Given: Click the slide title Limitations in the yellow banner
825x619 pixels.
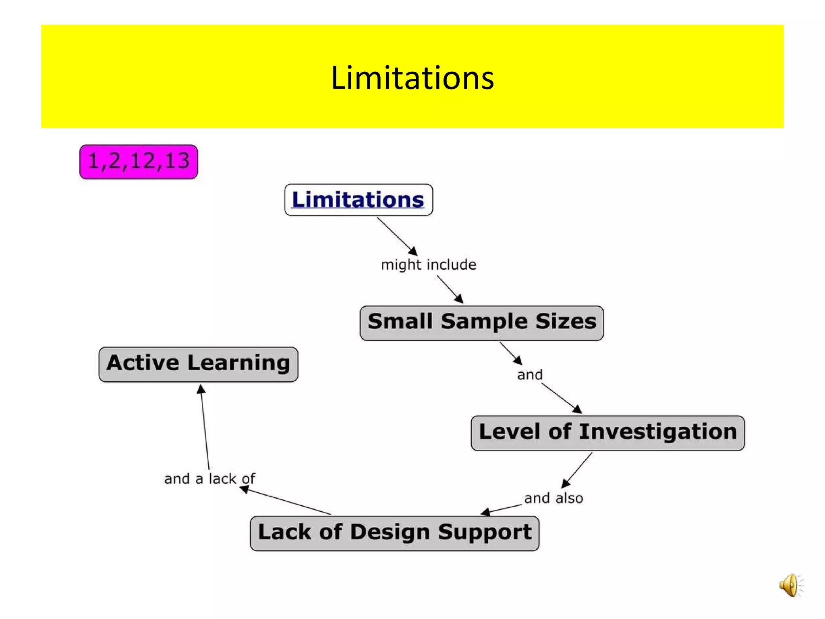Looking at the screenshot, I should click(x=412, y=77).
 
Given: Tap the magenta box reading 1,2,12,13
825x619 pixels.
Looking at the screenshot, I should click(x=139, y=162).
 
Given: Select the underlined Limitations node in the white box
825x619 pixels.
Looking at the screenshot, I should click(x=358, y=200).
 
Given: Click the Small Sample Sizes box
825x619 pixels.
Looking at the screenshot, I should click(x=482, y=323).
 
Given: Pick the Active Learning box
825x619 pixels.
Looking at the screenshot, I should click(x=198, y=364).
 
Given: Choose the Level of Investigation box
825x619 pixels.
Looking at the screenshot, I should click(x=607, y=433).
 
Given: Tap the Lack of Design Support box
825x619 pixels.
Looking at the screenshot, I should click(x=394, y=533).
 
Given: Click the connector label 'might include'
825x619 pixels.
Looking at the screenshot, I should click(x=429, y=265).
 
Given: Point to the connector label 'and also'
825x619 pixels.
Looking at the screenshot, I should click(x=553, y=498).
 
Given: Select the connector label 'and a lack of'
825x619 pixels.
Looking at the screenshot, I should click(x=209, y=479).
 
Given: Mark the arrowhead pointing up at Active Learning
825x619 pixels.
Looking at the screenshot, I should click(x=201, y=389).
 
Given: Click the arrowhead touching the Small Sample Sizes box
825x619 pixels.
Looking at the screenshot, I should click(x=459, y=299).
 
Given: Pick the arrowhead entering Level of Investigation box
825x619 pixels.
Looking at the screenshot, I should click(x=578, y=409).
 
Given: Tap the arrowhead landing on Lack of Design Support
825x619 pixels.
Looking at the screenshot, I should click(x=485, y=512).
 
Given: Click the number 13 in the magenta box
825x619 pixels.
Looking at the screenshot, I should click(x=177, y=161).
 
